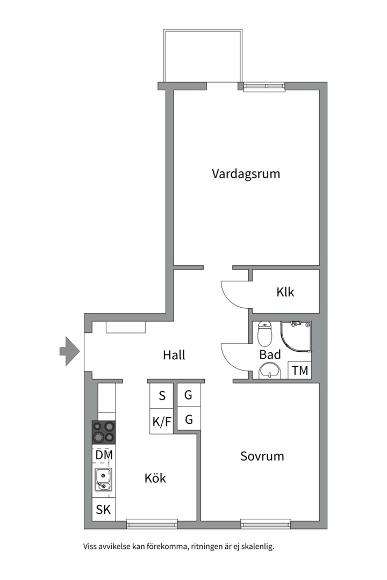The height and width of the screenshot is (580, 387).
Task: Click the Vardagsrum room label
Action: tap(246, 174)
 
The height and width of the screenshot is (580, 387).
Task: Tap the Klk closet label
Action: tap(285, 293)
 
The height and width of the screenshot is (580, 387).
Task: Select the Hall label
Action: tap(174, 355)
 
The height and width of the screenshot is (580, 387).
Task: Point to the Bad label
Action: tap(270, 355)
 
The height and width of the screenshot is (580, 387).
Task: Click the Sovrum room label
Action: tap(262, 456)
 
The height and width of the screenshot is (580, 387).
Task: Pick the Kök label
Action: tap(155, 478)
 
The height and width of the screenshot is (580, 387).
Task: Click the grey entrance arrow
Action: tap(69, 351)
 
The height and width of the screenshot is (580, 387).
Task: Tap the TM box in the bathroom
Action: tap(300, 371)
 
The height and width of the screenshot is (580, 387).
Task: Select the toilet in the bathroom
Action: tap(265, 334)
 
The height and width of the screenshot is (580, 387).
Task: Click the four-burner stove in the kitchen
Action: tap(104, 432)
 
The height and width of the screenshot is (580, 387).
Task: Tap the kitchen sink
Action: tap(103, 480)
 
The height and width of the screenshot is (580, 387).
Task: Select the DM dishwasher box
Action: tap(104, 455)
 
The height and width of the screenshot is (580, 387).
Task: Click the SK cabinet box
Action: tap(103, 510)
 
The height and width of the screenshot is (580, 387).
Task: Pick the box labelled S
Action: tap(162, 396)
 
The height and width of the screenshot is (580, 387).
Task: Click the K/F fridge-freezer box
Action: tap(162, 422)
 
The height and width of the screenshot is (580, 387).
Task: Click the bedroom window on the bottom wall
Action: tap(266, 523)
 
